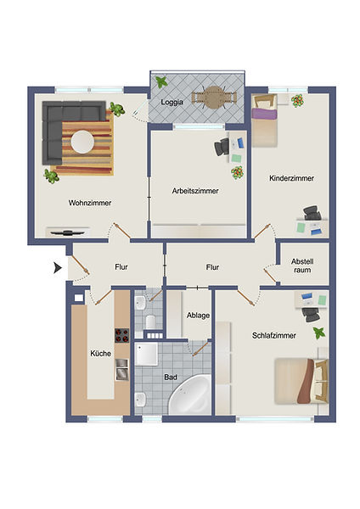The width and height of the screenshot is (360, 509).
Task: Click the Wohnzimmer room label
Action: click(x=90, y=203)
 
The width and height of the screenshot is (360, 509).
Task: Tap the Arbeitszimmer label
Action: click(x=195, y=191)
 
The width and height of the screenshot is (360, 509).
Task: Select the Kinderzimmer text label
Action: click(x=291, y=178)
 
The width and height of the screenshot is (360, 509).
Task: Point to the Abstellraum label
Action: click(x=302, y=266)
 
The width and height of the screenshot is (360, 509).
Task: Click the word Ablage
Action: click(x=198, y=316)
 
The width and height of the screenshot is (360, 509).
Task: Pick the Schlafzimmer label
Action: click(x=274, y=336)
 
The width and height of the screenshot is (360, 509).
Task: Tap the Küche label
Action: click(x=101, y=353)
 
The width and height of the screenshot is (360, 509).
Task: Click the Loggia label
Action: click(x=172, y=102)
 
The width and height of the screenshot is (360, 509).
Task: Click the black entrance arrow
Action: click(x=58, y=268)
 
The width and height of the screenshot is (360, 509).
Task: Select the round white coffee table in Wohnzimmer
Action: click(x=82, y=142)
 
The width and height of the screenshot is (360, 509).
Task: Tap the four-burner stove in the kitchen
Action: click(x=122, y=336)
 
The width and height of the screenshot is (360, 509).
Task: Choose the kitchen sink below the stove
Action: click(x=122, y=369)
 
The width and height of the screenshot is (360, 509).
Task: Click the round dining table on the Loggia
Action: click(x=213, y=98)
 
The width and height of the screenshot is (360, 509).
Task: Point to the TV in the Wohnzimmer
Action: click(x=68, y=232)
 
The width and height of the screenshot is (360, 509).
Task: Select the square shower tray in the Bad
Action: click(x=147, y=354)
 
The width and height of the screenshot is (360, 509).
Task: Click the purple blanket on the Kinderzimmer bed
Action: click(x=264, y=114)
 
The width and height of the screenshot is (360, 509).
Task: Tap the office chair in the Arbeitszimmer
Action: click(x=222, y=147)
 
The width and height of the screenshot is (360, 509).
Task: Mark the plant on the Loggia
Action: click(x=161, y=81)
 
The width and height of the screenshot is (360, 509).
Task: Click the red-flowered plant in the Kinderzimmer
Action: click(x=297, y=101)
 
